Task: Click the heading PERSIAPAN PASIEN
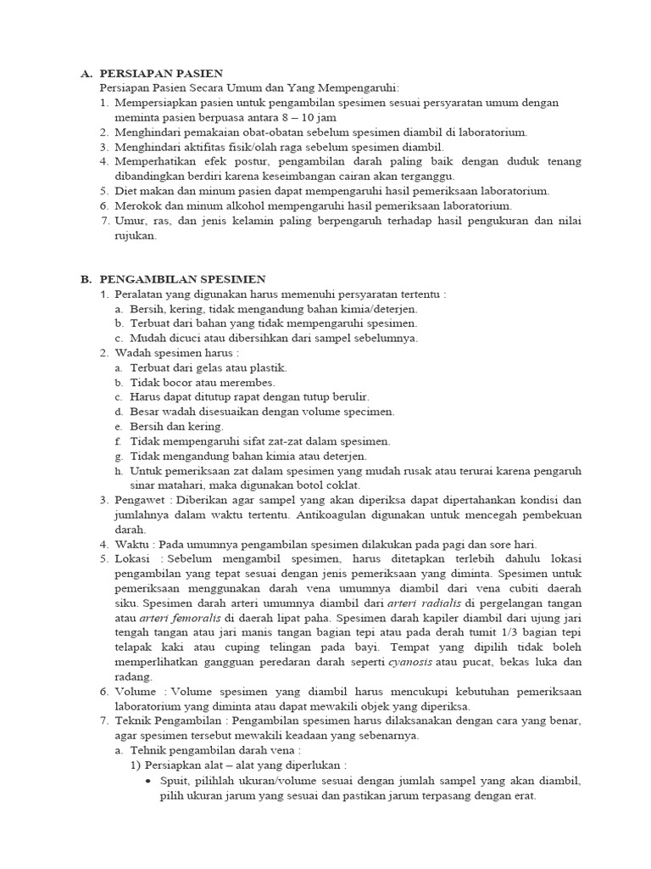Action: [x=161, y=74]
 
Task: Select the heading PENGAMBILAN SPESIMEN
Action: [x=182, y=279]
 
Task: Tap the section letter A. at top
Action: [x=86, y=74]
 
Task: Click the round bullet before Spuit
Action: [x=149, y=782]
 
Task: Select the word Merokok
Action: [x=136, y=206]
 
